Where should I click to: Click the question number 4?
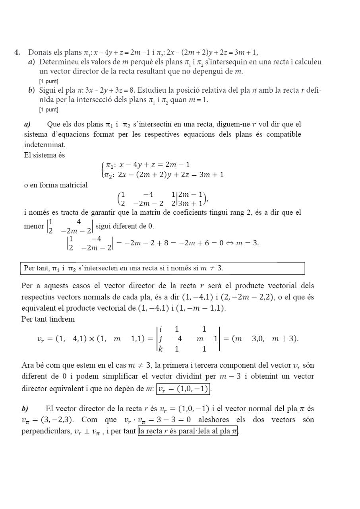pos(17,52)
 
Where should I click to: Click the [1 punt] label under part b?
pos(48,109)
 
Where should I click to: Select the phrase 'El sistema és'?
pos(44,155)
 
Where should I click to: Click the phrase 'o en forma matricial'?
pos(56,185)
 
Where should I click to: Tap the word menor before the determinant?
pos(34,226)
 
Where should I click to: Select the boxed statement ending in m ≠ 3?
pos(163,268)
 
